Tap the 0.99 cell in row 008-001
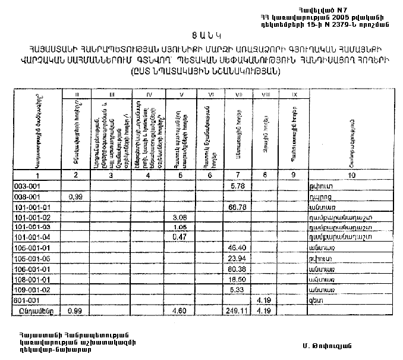(x=75, y=196)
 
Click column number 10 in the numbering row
(x=350, y=175)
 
